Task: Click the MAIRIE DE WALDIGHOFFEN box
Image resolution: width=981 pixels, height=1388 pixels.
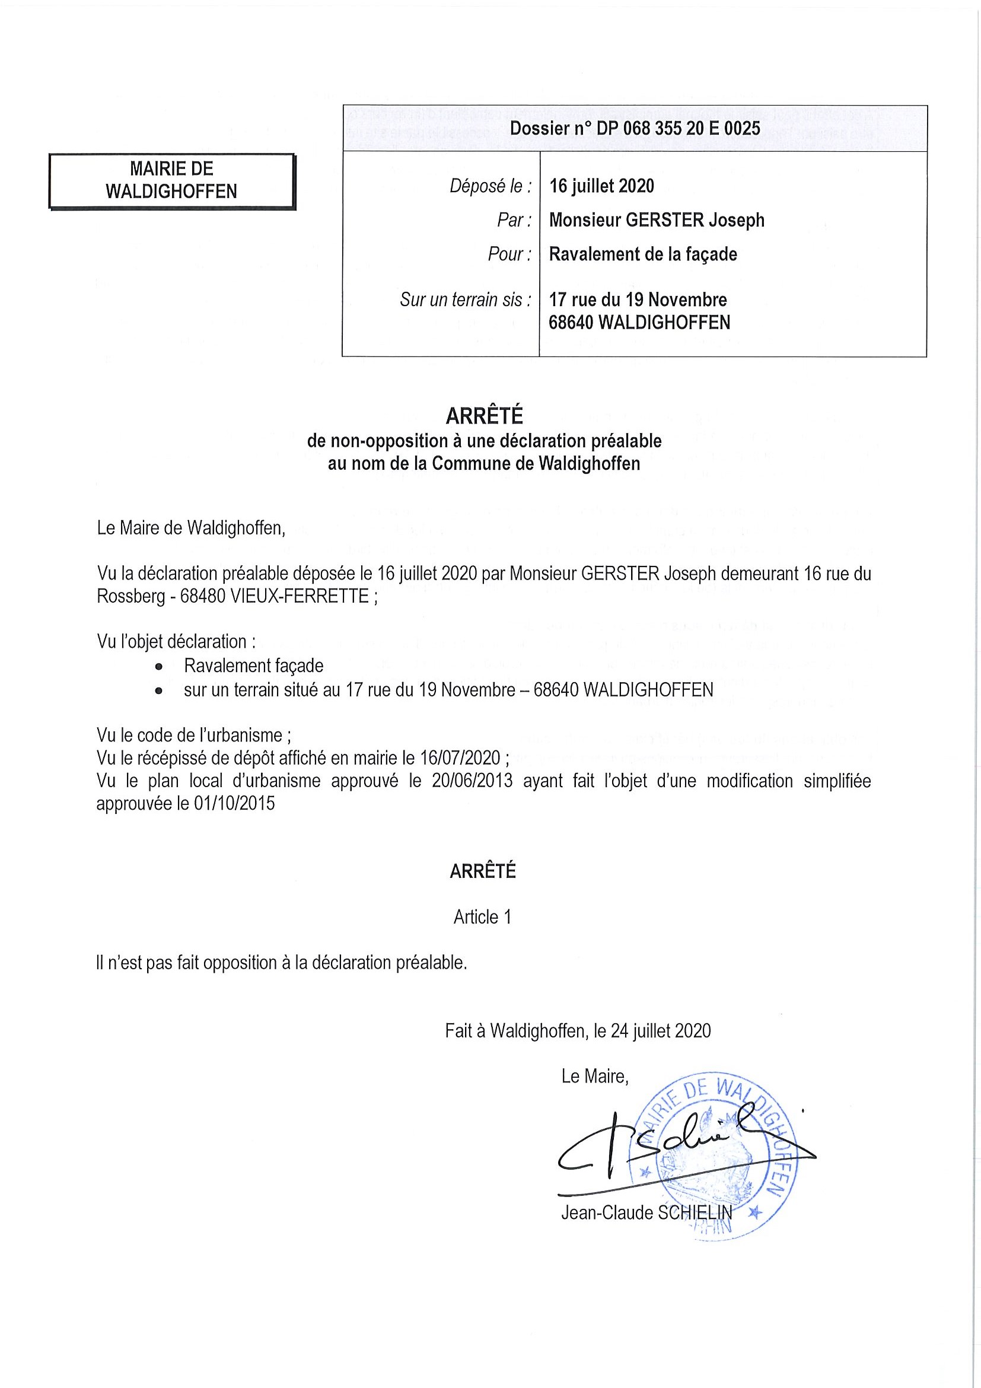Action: pos(171,180)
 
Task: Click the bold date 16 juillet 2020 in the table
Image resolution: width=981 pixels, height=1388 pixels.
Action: pos(601,186)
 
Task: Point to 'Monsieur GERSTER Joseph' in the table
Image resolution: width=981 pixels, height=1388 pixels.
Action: pos(657,220)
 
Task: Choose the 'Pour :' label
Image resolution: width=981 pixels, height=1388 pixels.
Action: pos(509,254)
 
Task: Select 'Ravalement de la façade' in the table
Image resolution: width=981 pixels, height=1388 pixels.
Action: pos(642,254)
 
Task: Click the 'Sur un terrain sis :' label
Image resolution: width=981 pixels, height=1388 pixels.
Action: pos(466,299)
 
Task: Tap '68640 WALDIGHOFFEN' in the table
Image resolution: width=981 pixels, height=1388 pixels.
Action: pos(639,322)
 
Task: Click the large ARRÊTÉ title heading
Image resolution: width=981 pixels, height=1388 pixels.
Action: pos(483,416)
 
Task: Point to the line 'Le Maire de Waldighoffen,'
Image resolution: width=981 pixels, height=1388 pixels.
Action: pos(190,528)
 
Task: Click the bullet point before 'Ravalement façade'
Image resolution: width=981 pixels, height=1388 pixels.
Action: pos(159,666)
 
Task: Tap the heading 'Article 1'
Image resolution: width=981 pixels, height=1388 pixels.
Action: pos(482,917)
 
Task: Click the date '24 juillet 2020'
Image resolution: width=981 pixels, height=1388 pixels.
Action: pos(661,1031)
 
